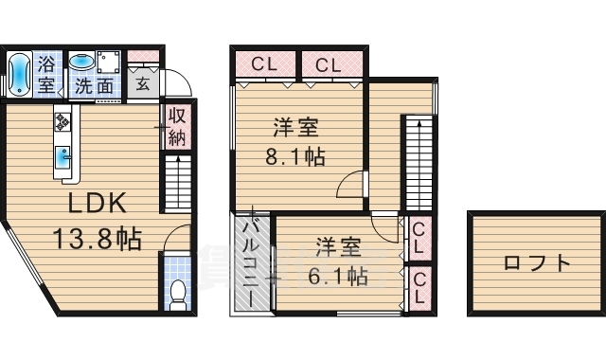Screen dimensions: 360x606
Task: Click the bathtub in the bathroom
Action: click(19, 74)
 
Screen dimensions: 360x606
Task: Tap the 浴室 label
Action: click(46, 74)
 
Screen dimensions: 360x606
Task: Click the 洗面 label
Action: click(95, 86)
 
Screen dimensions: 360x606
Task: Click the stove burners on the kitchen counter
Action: click(63, 121)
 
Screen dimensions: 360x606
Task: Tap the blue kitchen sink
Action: click(62, 156)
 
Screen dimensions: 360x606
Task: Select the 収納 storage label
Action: click(176, 126)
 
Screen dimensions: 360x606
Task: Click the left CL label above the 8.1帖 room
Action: click(264, 65)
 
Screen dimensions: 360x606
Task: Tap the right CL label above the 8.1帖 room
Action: click(328, 65)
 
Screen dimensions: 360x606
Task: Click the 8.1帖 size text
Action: click(294, 156)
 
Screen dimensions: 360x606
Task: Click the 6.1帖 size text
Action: click(337, 277)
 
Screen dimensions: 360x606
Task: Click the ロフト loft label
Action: click(537, 262)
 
